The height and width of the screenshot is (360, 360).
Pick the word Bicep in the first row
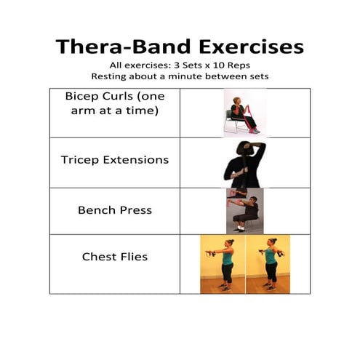82,96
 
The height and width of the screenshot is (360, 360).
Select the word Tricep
80,159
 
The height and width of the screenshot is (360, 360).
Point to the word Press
136,210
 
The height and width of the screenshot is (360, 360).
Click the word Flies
135,256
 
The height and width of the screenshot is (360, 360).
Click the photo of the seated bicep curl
241,113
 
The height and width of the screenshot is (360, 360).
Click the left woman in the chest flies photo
223,263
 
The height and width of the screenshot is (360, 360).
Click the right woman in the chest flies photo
268,263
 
